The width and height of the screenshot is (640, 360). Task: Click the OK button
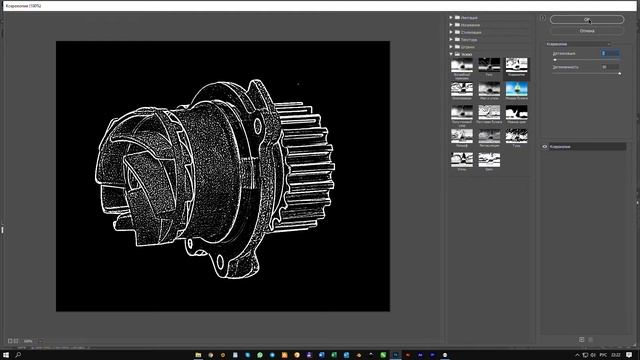tap(586, 19)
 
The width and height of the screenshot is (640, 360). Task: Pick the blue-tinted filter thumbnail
tap(516, 89)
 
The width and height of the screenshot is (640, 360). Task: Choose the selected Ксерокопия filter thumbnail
tap(516, 66)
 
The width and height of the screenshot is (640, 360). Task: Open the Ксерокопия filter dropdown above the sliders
tap(586, 44)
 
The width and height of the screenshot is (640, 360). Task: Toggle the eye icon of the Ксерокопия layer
tap(546, 146)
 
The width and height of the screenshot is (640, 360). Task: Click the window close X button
tap(632, 5)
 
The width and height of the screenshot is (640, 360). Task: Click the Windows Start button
tap(5, 354)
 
